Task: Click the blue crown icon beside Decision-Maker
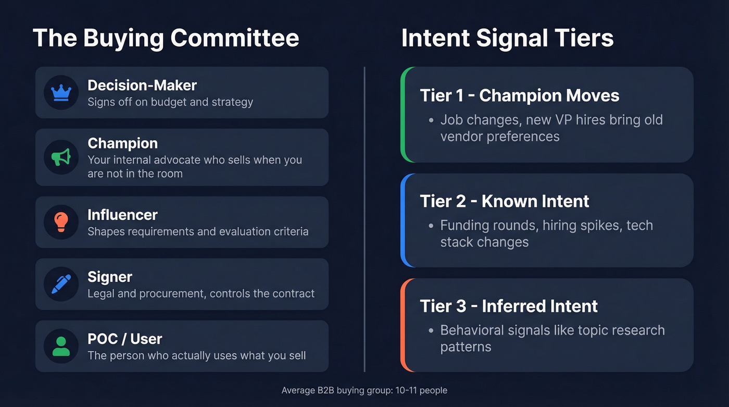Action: click(x=61, y=93)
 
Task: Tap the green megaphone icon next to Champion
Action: click(x=61, y=157)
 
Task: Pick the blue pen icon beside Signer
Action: click(x=61, y=284)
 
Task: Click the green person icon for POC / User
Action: click(x=61, y=346)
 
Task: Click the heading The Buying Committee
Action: click(x=166, y=38)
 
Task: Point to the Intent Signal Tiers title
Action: click(x=507, y=38)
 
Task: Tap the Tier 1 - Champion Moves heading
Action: click(x=519, y=95)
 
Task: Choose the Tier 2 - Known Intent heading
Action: click(x=504, y=201)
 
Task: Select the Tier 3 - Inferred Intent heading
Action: click(x=508, y=306)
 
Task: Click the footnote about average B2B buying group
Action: click(x=364, y=390)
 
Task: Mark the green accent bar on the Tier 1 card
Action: click(x=403, y=115)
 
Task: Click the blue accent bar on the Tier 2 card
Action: click(x=403, y=220)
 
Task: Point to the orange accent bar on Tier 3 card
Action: click(x=403, y=325)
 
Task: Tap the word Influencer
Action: click(x=122, y=215)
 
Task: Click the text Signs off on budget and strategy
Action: click(x=170, y=102)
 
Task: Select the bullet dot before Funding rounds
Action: click(x=431, y=226)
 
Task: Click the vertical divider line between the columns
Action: click(x=364, y=219)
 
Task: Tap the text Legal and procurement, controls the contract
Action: click(x=200, y=293)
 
